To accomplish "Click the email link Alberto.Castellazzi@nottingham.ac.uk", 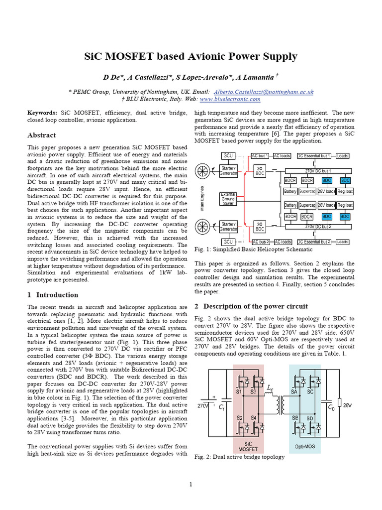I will coord(264,92).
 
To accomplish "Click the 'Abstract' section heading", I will coord(41,135).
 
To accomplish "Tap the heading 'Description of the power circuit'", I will coord(256,306).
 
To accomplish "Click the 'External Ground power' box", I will coord(228,199).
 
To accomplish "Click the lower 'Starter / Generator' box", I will coord(228,227).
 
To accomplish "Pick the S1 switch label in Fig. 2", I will coord(239,392).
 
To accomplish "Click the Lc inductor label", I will coord(270,387).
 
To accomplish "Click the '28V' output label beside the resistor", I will coord(347,406).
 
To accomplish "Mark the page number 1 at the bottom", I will coord(191,484).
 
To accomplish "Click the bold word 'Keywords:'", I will coord(42,113).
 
